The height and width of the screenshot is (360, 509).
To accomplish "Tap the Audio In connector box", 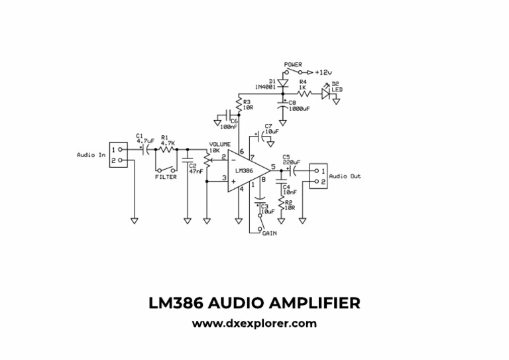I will (x=117, y=155).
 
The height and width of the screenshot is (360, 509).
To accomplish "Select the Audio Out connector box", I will (x=319, y=176).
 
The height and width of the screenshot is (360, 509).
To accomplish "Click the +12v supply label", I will (x=323, y=72).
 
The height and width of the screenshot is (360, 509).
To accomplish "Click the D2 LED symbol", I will (x=325, y=93).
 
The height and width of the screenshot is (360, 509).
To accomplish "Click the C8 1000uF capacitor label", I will (x=298, y=105).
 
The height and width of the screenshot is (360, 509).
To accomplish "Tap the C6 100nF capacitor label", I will (x=229, y=124).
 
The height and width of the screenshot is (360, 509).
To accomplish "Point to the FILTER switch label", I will (x=166, y=177).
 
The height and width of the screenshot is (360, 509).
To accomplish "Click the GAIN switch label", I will (x=269, y=234).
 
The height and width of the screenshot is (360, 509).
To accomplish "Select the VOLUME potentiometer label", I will (x=220, y=144).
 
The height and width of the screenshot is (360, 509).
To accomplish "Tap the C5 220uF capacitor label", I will (x=291, y=160).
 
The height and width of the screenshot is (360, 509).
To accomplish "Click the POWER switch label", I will (x=293, y=65).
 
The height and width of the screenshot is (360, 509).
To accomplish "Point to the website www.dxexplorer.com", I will (x=254, y=324).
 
